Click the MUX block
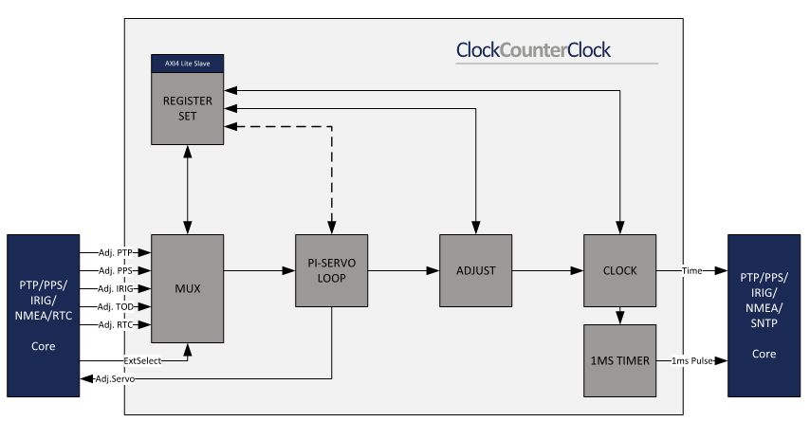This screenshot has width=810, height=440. [187, 288]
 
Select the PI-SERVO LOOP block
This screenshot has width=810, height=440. [331, 270]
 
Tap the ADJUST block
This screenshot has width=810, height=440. [475, 270]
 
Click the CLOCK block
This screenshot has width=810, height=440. [619, 270]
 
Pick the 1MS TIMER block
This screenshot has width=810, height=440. [619, 360]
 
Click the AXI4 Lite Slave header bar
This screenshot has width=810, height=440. [187, 64]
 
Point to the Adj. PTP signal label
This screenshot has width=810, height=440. [116, 252]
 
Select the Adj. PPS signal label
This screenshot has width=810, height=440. [116, 270]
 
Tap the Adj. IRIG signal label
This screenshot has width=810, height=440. [116, 288]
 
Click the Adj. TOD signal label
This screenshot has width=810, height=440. [116, 306]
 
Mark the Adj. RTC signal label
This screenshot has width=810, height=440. [116, 324]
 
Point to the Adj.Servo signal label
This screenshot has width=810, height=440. [116, 378]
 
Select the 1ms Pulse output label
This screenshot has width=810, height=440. [692, 360]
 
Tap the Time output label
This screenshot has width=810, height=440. [692, 270]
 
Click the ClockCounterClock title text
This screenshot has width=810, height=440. [533, 49]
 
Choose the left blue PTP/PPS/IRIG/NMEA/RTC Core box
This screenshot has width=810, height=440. [43, 314]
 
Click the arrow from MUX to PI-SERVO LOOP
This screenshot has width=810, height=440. [259, 270]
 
